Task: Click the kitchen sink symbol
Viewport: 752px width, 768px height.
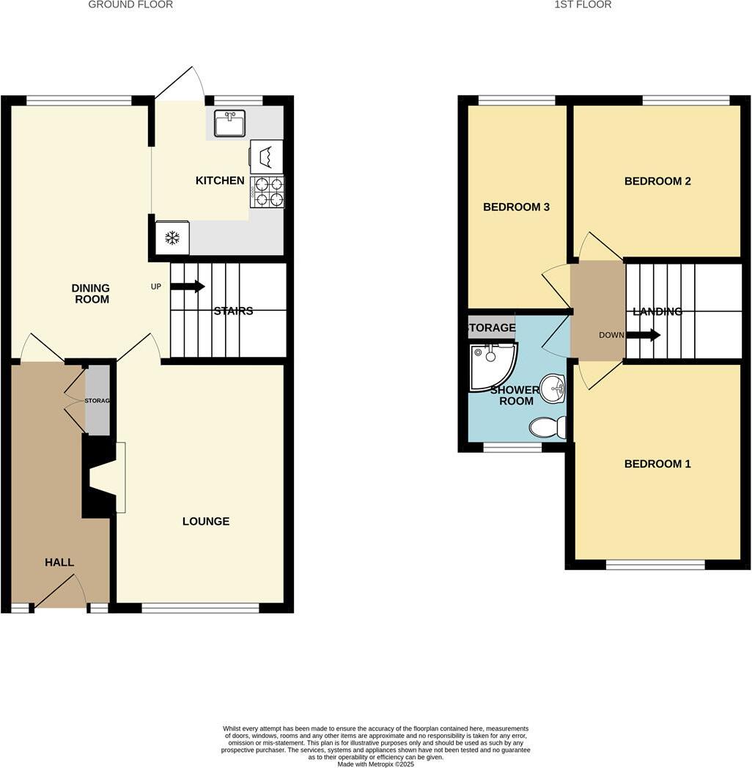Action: tap(229, 123)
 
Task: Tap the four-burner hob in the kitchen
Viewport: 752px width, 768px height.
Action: tap(267, 192)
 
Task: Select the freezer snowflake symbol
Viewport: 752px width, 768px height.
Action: tap(172, 237)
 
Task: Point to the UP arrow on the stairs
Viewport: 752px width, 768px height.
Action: tap(188, 287)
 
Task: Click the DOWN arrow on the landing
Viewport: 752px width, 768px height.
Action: tap(643, 335)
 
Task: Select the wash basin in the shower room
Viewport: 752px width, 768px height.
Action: tap(552, 388)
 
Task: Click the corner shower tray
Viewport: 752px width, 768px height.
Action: tap(490, 364)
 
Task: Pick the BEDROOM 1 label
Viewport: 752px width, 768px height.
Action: tap(657, 464)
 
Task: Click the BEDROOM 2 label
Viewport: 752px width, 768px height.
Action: tap(657, 181)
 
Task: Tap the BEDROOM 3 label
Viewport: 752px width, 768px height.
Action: tap(516, 207)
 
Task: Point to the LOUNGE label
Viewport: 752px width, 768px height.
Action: tap(206, 522)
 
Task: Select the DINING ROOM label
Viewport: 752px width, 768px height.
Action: tap(91, 294)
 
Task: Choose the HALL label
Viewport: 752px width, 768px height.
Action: tap(59, 562)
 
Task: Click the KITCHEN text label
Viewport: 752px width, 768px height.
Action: tap(220, 180)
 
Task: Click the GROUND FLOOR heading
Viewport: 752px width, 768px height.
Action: tap(130, 4)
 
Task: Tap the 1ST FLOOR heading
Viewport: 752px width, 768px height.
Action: tap(582, 4)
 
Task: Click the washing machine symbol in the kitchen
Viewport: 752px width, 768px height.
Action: tap(267, 156)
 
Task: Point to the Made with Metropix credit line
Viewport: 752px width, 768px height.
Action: tap(376, 764)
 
